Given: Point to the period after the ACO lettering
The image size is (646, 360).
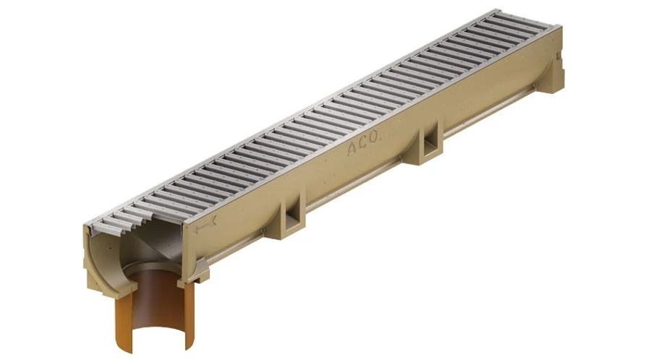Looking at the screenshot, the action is tap(380, 141).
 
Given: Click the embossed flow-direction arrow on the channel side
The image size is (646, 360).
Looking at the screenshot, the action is tap(205, 225).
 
